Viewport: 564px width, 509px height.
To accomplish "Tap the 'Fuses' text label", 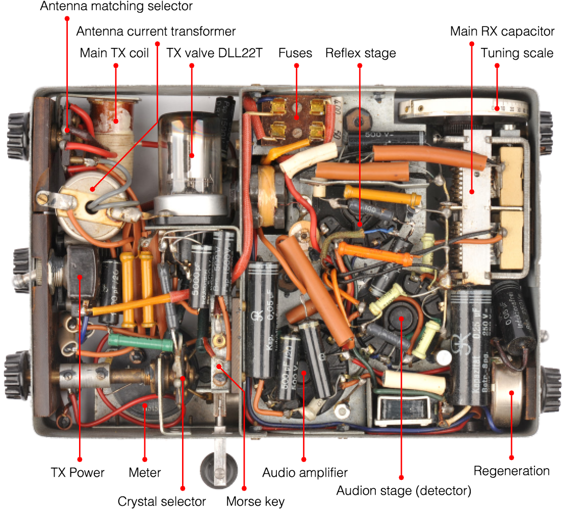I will (295, 53).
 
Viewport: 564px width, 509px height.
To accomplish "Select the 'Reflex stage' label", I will (360, 53).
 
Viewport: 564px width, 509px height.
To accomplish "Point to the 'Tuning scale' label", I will (517, 53).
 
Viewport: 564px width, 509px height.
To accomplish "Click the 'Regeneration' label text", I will (511, 471).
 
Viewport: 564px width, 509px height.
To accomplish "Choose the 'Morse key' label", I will (255, 501).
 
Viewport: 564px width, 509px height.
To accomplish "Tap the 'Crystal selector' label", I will (162, 501).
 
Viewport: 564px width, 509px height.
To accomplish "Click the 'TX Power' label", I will (78, 473).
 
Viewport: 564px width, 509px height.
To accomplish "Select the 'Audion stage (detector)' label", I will (403, 491).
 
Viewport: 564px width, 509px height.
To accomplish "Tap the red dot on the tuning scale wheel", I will (497, 108).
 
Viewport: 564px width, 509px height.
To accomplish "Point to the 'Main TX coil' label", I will (114, 53).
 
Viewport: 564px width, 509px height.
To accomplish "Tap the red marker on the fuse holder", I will (296, 117).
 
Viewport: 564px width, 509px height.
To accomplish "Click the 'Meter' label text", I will (145, 473).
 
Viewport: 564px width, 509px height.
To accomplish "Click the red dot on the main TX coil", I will (116, 120).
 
